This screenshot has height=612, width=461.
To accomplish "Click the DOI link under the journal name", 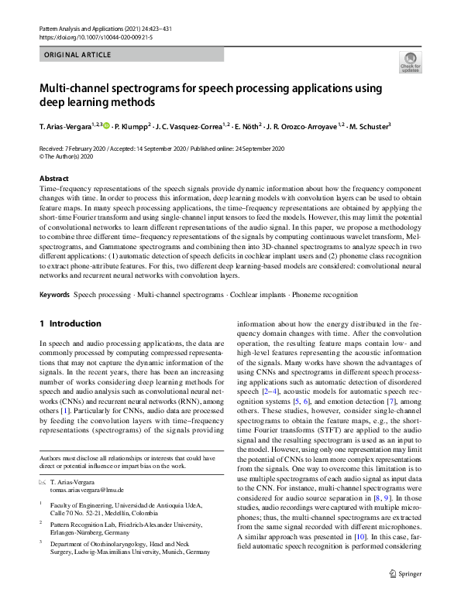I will [89, 36].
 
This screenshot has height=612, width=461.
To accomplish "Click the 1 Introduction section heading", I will [70, 323].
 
